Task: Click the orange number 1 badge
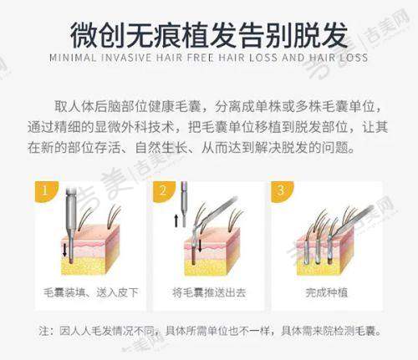click(45, 190)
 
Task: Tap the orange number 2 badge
click(163, 190)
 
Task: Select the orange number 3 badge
click(281, 190)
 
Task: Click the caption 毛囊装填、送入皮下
click(91, 292)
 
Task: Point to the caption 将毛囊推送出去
click(209, 292)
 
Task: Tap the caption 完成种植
click(327, 292)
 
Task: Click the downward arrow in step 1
click(64, 250)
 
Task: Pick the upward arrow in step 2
click(176, 221)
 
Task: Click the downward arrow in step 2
click(200, 245)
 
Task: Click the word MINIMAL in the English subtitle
click(73, 58)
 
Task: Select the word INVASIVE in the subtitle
click(126, 58)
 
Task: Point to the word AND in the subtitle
click(293, 58)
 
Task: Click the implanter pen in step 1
click(71, 223)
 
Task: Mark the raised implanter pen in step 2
click(184, 205)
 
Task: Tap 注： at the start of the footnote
click(48, 331)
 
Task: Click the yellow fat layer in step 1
click(84, 266)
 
